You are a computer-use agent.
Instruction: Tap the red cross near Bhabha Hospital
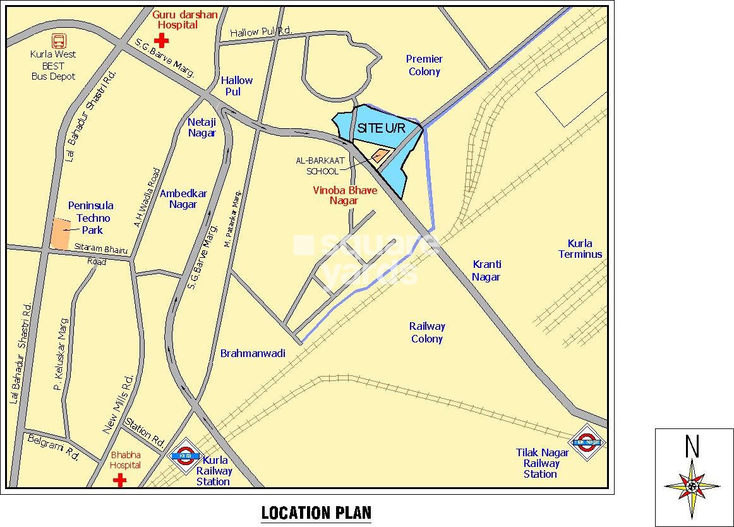(119, 481)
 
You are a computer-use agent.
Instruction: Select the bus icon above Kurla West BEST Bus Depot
(59, 41)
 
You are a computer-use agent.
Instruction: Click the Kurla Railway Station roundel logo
(186, 456)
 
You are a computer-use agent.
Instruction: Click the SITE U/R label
(380, 128)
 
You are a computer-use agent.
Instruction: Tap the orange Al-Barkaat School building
(380, 155)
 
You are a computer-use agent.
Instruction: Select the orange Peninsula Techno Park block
(60, 233)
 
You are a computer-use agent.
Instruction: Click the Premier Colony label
(424, 65)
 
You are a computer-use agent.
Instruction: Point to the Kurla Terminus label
(580, 249)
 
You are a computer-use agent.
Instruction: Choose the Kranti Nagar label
(486, 270)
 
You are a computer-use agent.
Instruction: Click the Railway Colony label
(427, 332)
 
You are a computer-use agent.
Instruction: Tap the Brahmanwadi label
(253, 353)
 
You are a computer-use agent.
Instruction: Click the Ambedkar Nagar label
(183, 199)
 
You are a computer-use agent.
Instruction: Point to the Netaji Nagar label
(202, 127)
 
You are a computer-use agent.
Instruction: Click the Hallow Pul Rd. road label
(261, 32)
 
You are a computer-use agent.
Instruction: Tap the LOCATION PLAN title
(316, 512)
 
